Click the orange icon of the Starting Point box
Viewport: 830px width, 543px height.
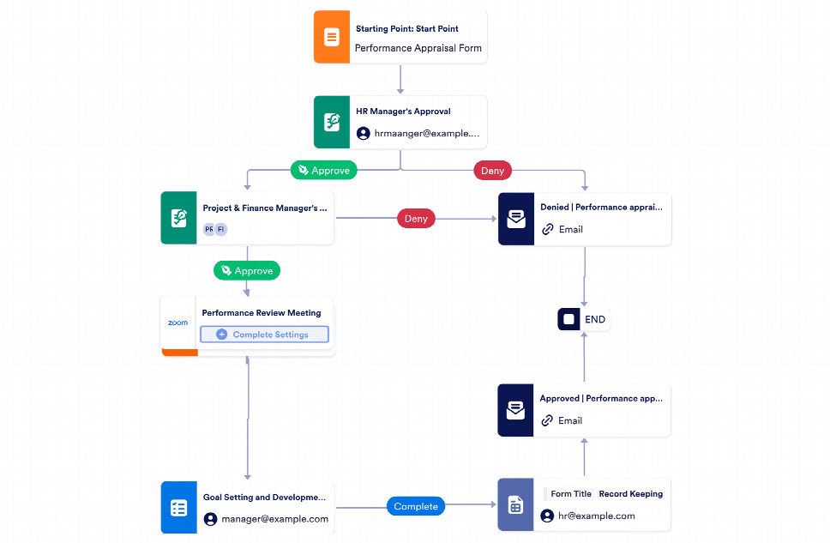(x=332, y=38)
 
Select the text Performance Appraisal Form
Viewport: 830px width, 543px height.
(x=418, y=49)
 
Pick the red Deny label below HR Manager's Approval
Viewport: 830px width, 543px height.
(x=492, y=171)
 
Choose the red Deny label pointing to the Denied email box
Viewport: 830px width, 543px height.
(x=416, y=219)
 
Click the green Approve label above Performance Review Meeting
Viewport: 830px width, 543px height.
(x=247, y=270)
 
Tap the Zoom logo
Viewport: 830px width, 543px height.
(x=178, y=323)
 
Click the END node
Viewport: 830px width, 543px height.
(x=584, y=319)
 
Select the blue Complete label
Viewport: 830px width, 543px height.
(x=416, y=506)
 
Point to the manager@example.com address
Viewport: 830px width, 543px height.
(x=274, y=519)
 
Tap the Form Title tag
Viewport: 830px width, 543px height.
(x=571, y=494)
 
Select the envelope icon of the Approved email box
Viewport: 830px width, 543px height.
(x=515, y=410)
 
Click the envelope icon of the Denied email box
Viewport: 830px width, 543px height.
(x=516, y=219)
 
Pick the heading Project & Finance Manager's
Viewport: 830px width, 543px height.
(x=264, y=208)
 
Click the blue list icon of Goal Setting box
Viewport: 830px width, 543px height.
(x=178, y=508)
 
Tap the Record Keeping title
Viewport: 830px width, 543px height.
(x=630, y=494)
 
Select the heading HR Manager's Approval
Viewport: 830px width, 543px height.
(x=403, y=112)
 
